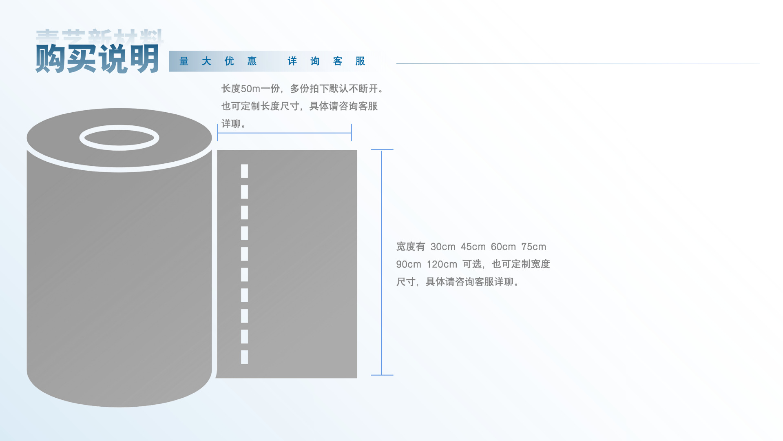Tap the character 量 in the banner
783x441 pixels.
tap(184, 61)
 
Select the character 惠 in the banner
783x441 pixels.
tap(252, 61)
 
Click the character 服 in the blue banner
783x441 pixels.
tap(360, 61)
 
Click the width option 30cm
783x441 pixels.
tap(443, 247)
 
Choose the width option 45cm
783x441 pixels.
tap(473, 247)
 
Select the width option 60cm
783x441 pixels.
tap(503, 247)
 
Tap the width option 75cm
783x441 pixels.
tap(533, 247)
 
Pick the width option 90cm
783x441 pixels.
tap(409, 264)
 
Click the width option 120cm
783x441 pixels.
tap(442, 264)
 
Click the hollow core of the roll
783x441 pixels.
tap(119, 138)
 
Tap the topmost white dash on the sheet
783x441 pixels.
tap(244, 171)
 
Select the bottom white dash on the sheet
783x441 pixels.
tap(244, 357)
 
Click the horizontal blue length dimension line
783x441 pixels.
tap(284, 133)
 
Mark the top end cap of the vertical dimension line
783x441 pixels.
tap(382, 149)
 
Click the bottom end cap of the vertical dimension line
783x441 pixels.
tap(382, 375)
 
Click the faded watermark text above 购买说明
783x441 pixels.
tap(100, 36)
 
